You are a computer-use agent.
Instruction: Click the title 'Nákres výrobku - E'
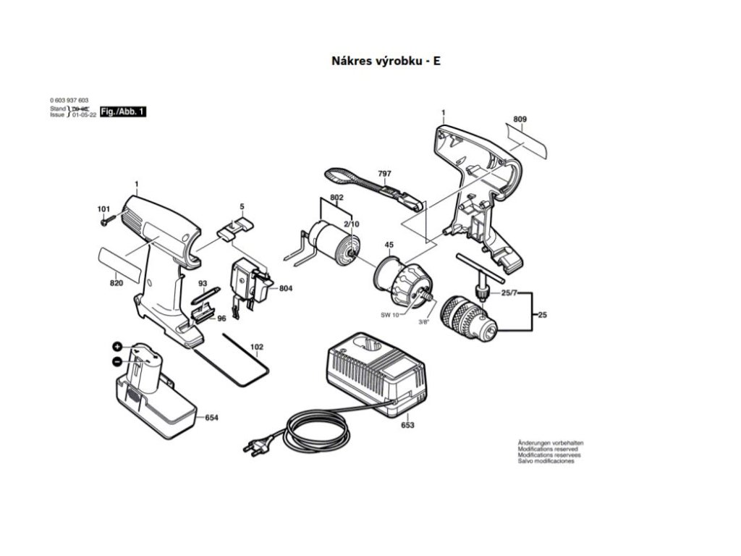[385, 61]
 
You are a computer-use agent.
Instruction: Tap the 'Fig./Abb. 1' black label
[123, 111]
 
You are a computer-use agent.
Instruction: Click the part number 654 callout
[212, 418]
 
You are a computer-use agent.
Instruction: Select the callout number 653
[407, 425]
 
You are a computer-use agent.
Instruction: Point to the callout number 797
[384, 174]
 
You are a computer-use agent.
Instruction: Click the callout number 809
[520, 119]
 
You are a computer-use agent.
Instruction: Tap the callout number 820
[116, 283]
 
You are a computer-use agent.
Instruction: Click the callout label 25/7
[510, 292]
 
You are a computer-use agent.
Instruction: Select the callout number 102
[256, 347]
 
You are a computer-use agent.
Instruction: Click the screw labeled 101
[105, 221]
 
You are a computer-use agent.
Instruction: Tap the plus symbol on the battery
[117, 347]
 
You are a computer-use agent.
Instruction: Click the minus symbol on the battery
[117, 361]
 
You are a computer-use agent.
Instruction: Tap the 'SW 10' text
[390, 314]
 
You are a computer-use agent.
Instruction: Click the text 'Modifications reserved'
[547, 449]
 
